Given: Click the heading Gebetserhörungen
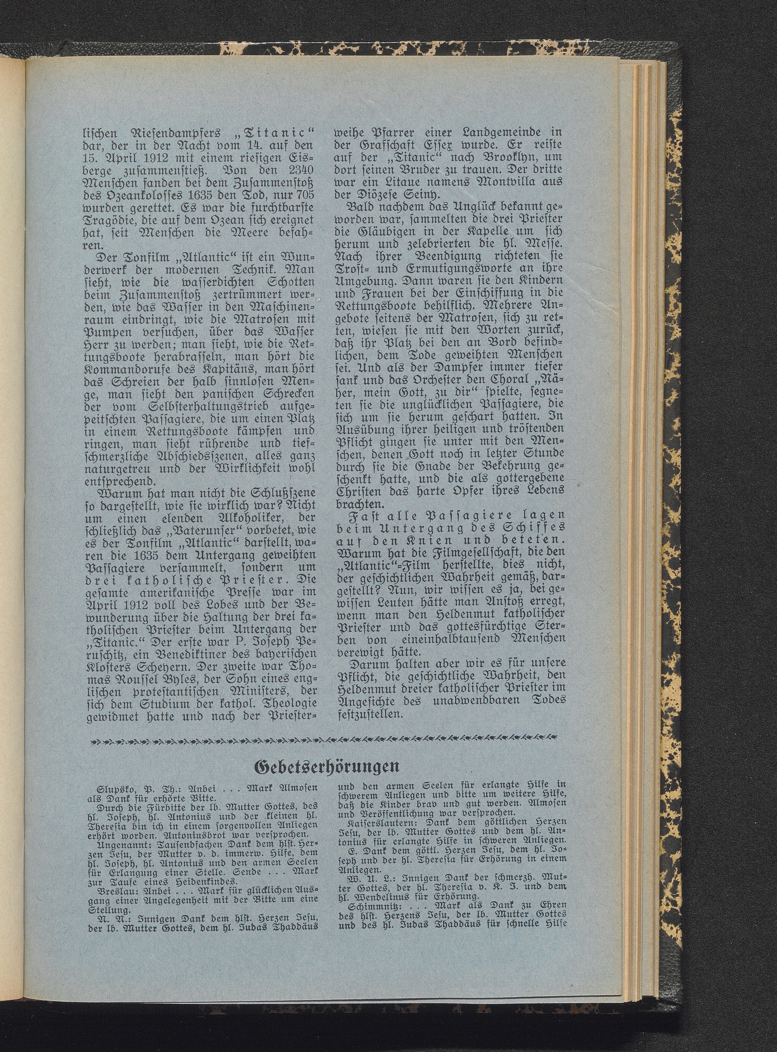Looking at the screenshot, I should tap(327, 767).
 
